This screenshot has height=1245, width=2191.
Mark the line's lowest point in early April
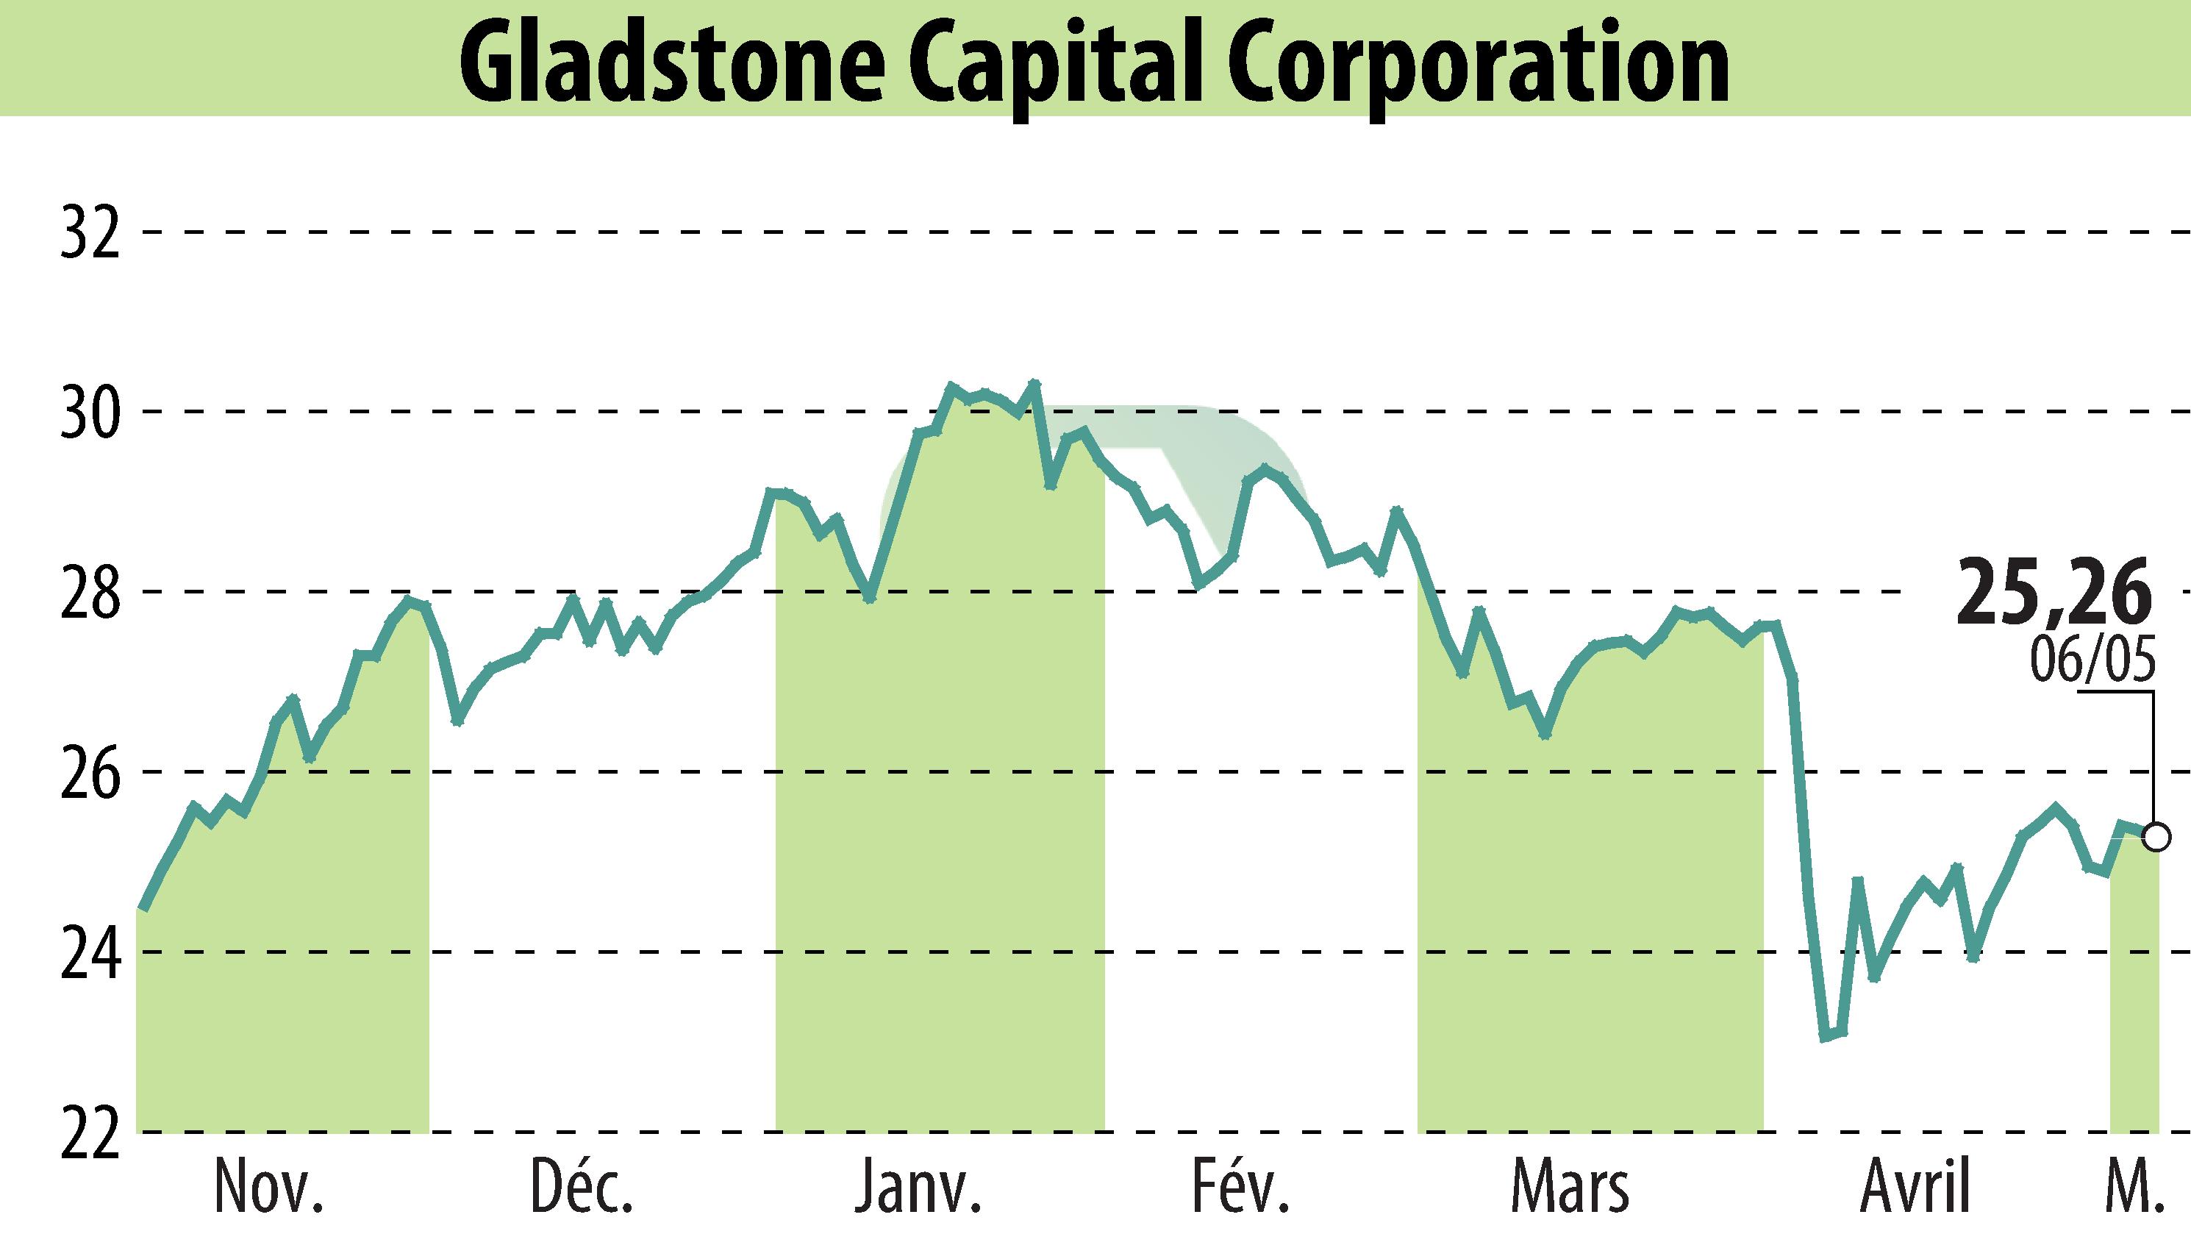1823,1037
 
